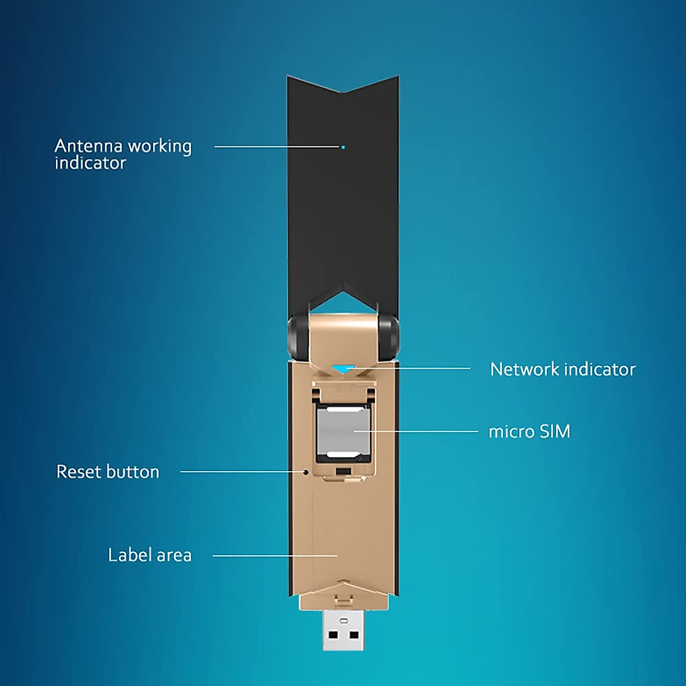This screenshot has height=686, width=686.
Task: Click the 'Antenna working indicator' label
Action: [123, 154]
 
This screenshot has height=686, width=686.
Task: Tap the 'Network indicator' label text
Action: [563, 369]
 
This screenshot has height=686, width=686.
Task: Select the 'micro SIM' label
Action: [529, 432]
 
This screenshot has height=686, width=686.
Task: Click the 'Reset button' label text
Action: [107, 472]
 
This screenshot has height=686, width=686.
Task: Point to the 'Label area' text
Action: [150, 555]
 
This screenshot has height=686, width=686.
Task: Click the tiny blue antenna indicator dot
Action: [343, 147]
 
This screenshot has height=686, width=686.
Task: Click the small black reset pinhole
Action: [306, 472]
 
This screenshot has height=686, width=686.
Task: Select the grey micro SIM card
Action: [342, 432]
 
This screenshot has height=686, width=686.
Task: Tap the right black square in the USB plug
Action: [354, 635]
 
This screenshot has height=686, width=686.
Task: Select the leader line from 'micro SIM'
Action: [423, 432]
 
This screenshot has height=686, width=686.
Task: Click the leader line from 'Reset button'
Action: [240, 472]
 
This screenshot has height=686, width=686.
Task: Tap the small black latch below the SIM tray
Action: [343, 471]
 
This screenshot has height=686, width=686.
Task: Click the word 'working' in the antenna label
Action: [159, 146]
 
